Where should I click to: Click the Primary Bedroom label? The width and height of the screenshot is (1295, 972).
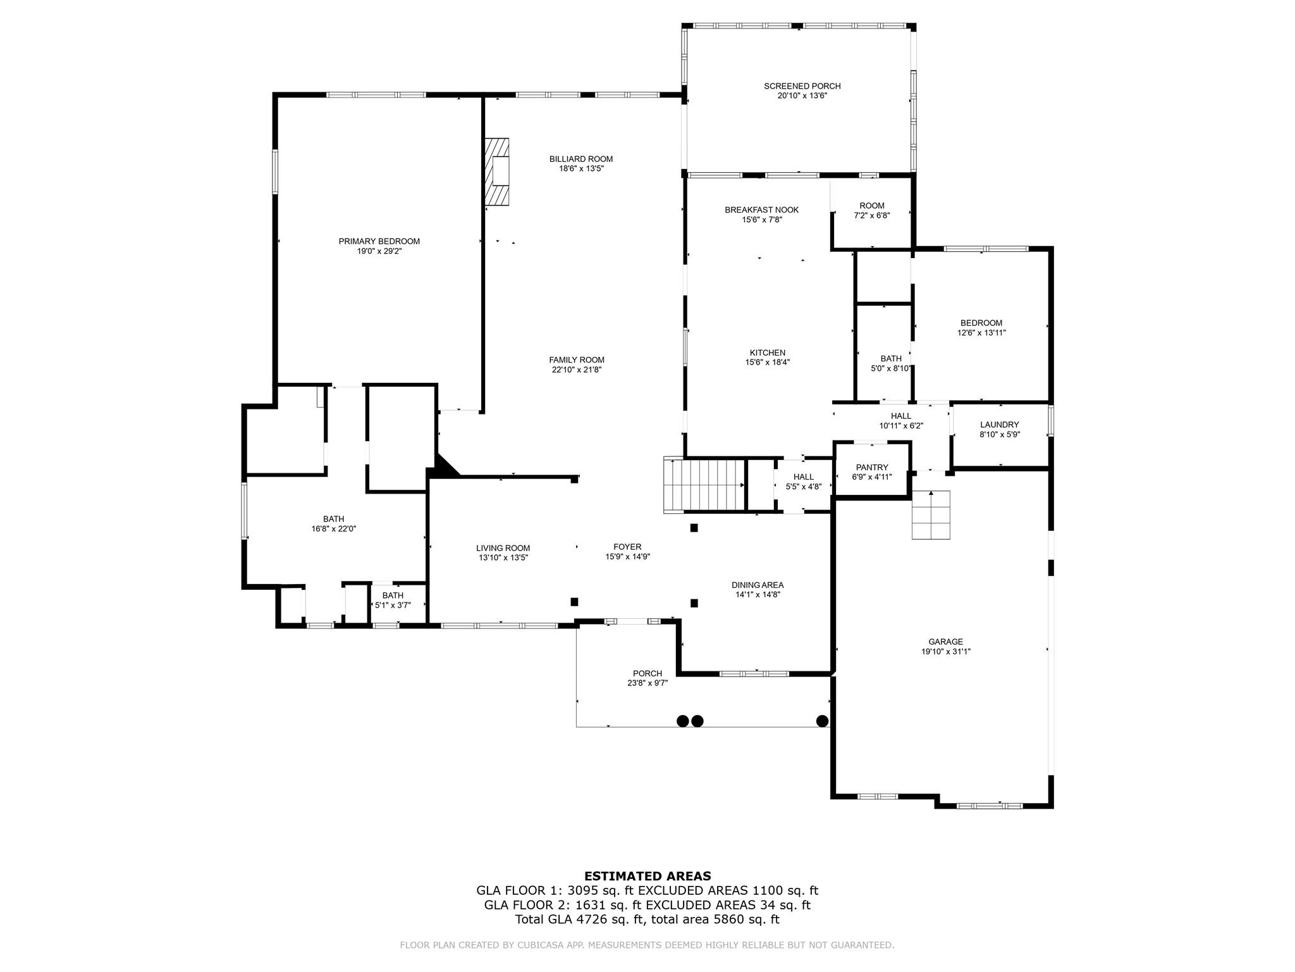point(379,241)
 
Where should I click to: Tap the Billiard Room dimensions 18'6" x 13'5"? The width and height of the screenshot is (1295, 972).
point(580,169)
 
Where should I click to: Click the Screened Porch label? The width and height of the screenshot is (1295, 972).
point(802,86)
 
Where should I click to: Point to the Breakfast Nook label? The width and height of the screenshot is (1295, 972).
point(761,209)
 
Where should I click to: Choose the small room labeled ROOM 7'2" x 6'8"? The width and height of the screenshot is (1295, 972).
point(871,211)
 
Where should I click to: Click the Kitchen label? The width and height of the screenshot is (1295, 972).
point(767,352)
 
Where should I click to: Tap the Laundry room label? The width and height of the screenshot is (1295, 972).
point(999,425)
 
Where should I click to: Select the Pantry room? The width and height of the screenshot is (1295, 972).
point(872,471)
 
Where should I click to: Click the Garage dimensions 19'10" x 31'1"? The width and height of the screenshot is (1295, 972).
point(945,651)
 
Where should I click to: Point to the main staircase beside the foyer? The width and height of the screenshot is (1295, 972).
point(704,485)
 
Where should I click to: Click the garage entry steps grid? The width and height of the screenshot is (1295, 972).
point(930,514)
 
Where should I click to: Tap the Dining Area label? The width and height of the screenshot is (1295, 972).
point(757,585)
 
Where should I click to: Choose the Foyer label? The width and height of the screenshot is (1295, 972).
point(627,547)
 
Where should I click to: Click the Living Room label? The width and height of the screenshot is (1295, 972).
point(503,548)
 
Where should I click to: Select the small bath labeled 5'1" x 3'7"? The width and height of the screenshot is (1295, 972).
point(393,600)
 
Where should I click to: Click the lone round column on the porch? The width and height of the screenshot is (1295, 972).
point(822,721)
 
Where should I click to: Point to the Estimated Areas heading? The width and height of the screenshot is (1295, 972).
point(647,876)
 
